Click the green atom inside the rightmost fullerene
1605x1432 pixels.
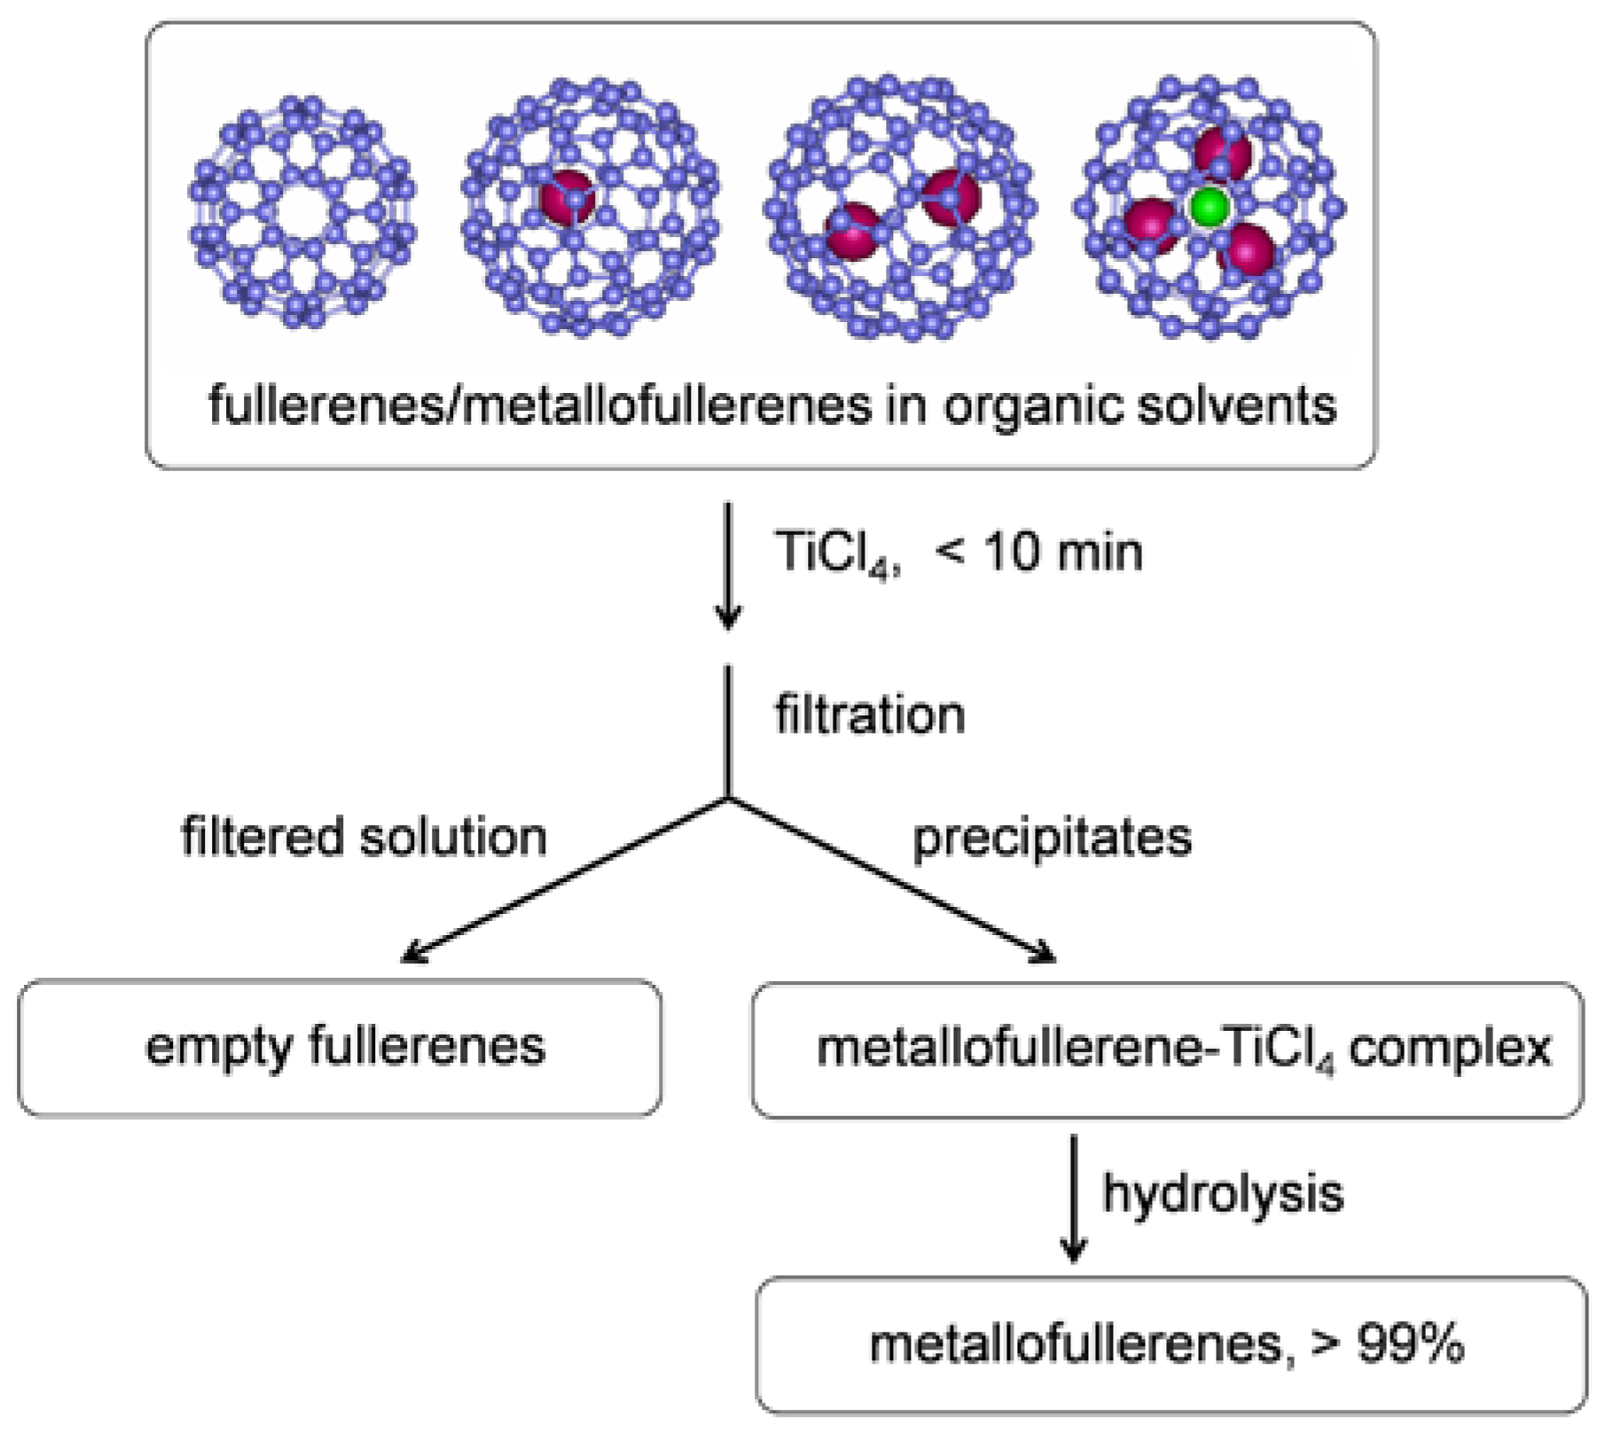point(1208,208)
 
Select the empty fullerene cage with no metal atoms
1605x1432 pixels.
point(302,211)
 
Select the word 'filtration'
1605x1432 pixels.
point(870,714)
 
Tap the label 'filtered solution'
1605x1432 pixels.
point(364,837)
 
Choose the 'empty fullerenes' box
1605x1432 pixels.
point(340,1047)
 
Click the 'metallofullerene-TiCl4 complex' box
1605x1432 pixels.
point(1167,1050)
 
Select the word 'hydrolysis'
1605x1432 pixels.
point(1223,1192)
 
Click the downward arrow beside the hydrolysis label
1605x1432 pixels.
point(1074,1198)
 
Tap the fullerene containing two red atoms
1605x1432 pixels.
point(900,209)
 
